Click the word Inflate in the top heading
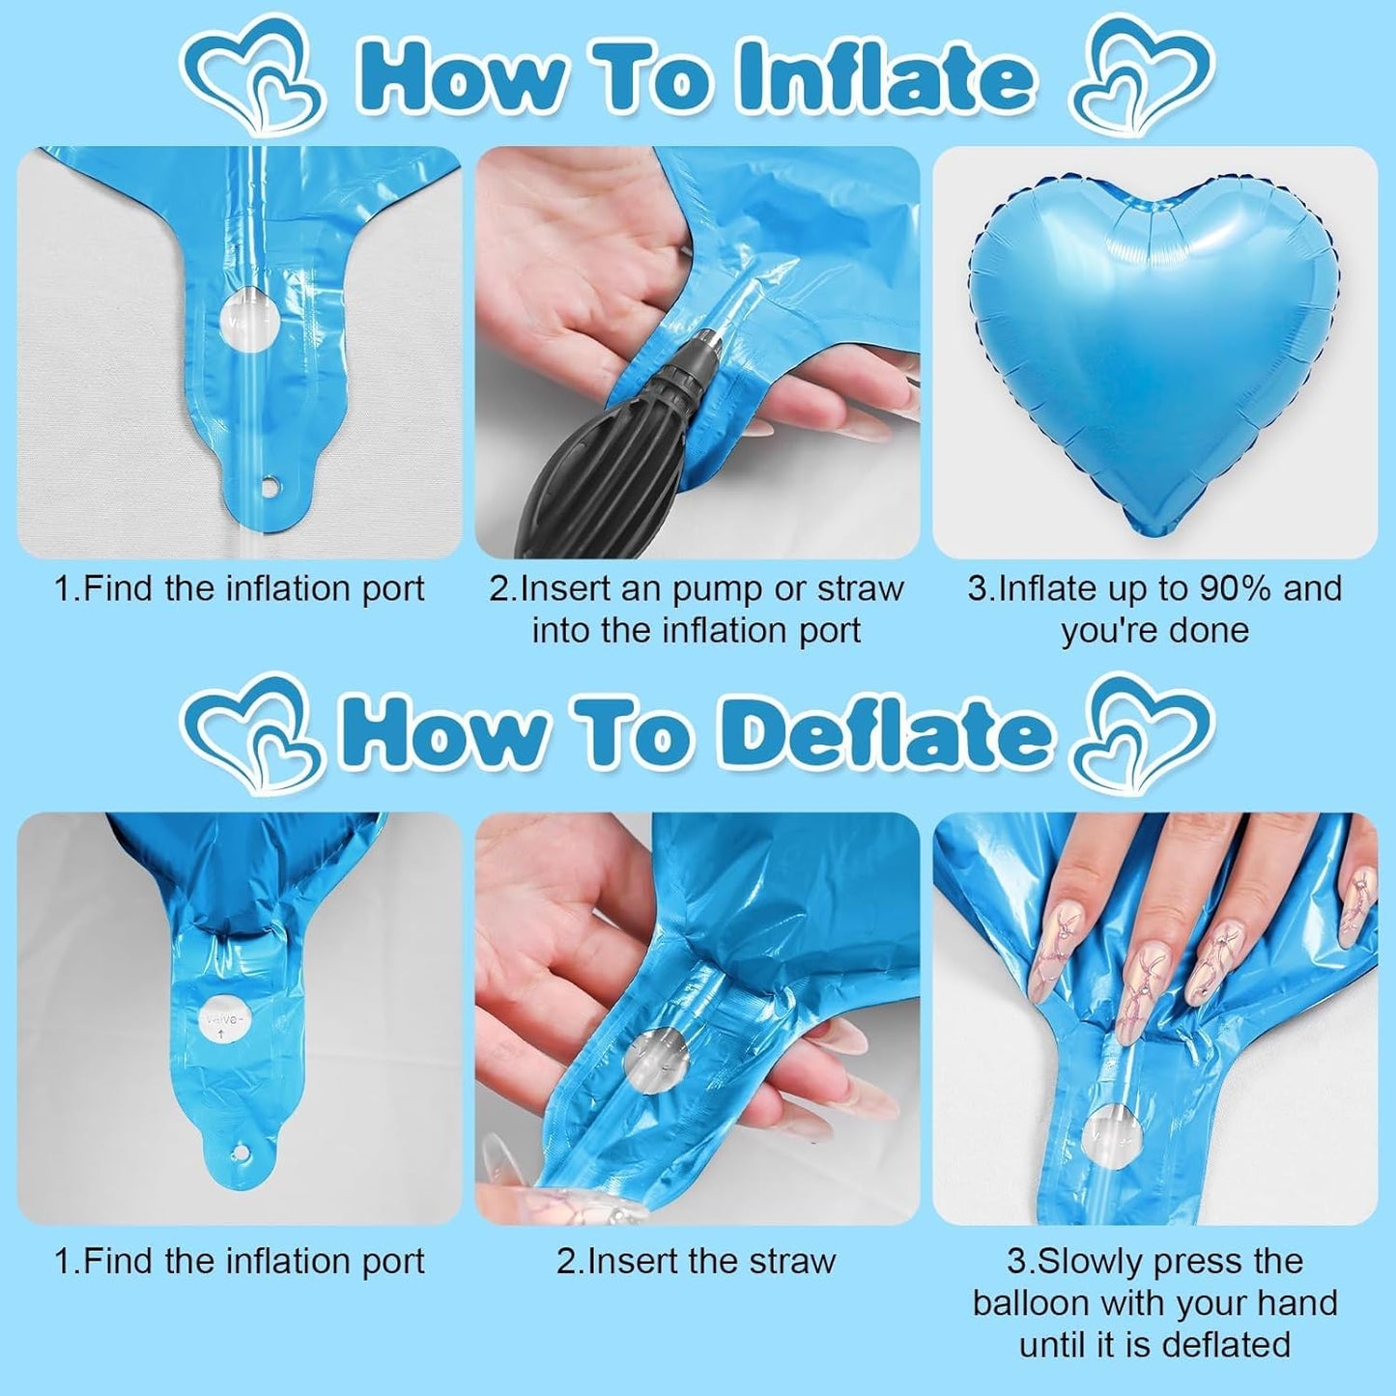[884, 76]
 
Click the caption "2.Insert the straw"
[696, 1261]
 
